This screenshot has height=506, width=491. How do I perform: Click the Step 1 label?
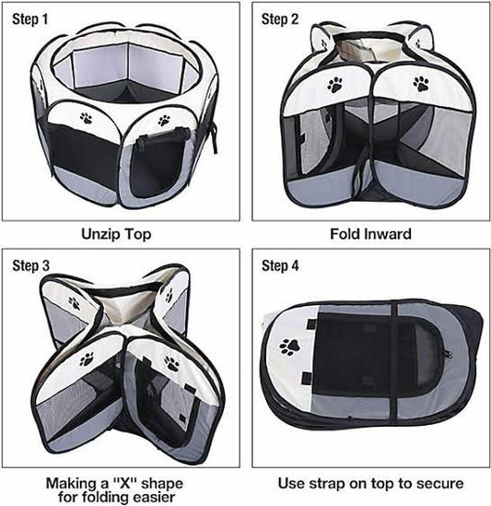(30, 19)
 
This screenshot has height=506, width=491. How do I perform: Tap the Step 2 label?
(280, 19)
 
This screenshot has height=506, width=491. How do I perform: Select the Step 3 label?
(31, 265)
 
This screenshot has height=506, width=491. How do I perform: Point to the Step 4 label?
(280, 265)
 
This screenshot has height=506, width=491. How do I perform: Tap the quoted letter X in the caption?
(123, 483)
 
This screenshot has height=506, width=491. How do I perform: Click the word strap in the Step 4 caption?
(326, 484)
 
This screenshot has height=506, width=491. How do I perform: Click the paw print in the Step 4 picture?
(289, 347)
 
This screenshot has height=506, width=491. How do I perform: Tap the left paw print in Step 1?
(87, 118)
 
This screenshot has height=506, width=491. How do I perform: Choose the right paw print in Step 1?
(164, 121)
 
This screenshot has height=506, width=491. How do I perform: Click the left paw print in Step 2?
(335, 85)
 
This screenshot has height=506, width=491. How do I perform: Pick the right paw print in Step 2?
(421, 84)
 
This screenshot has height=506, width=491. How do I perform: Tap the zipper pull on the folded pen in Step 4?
(448, 354)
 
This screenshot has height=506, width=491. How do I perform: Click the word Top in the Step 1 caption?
(138, 235)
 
